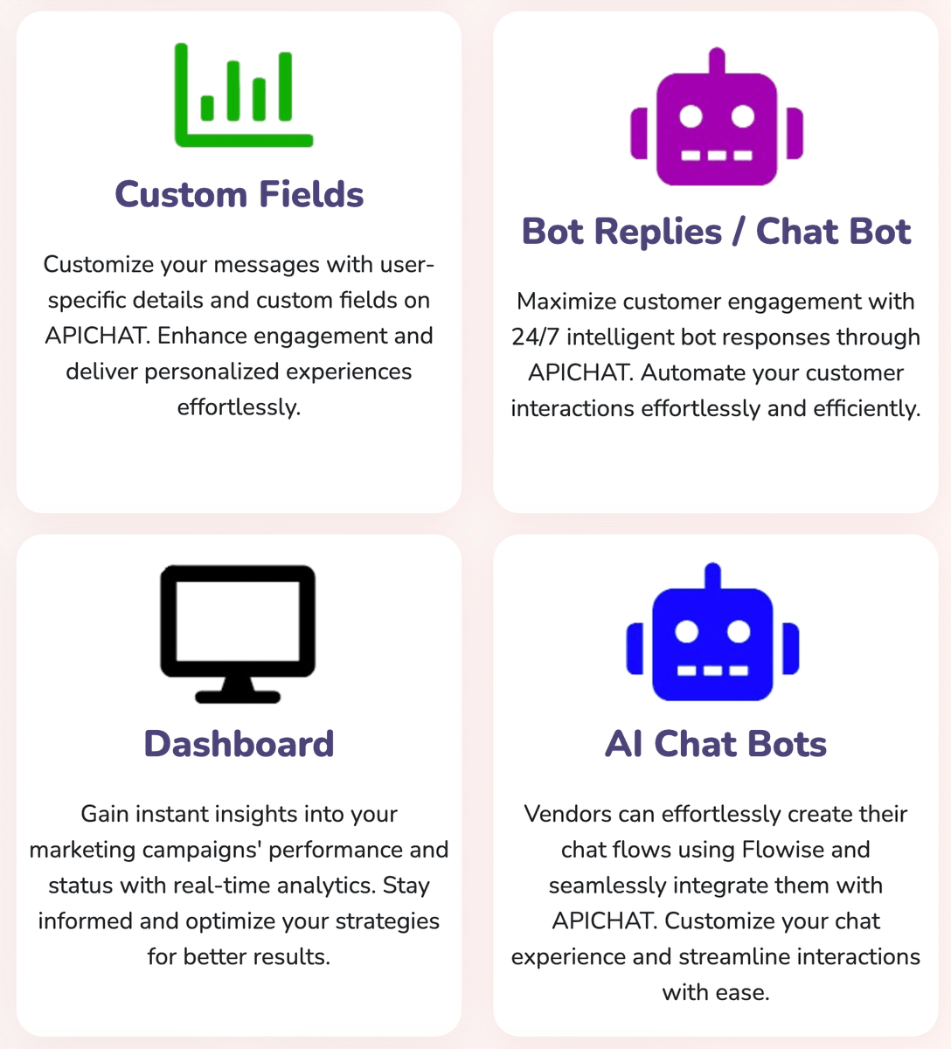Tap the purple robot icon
[717, 122]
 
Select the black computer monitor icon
[238, 631]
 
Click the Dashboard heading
[239, 744]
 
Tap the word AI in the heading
[624, 744]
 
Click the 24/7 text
[535, 337]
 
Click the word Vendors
[568, 814]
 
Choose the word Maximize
[566, 302]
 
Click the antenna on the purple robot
[717, 61]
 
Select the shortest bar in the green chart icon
[207, 108]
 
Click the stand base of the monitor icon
[238, 697]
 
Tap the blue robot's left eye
[687, 631]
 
